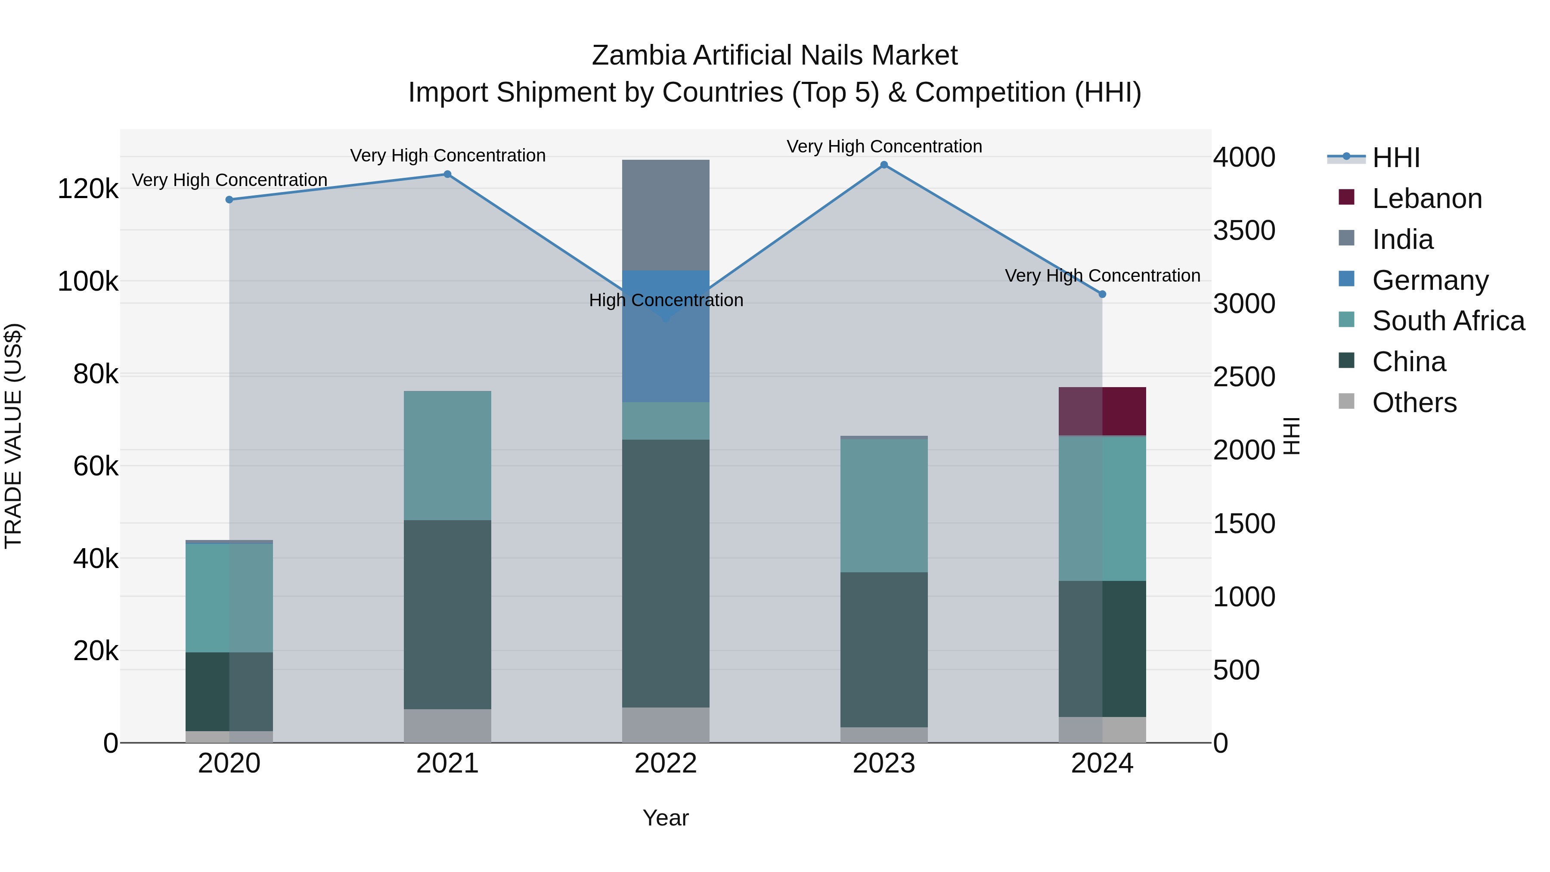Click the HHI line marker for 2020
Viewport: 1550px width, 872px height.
pyautogui.click(x=229, y=200)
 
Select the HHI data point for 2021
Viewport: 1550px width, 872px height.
pyautogui.click(x=448, y=174)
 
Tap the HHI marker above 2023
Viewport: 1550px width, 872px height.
pyautogui.click(x=884, y=165)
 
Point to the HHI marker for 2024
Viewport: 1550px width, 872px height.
pyautogui.click(x=1102, y=294)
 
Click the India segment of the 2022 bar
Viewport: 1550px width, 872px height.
pyautogui.click(x=666, y=215)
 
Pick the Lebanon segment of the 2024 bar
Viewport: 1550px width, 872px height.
pyautogui.click(x=1102, y=411)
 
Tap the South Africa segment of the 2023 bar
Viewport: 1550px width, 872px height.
pyautogui.click(x=884, y=506)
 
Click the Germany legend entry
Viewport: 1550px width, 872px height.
pyautogui.click(x=1429, y=280)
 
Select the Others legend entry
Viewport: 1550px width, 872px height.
pyautogui.click(x=1414, y=403)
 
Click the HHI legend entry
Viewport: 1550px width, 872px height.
pyautogui.click(x=1395, y=158)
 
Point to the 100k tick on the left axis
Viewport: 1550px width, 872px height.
pyautogui.click(x=88, y=282)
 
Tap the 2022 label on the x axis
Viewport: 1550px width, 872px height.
pyautogui.click(x=666, y=763)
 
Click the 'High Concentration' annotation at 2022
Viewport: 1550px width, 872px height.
pyautogui.click(x=666, y=300)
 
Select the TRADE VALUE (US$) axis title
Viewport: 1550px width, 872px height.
pyautogui.click(x=13, y=436)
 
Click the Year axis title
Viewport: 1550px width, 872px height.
pyautogui.click(x=666, y=818)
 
